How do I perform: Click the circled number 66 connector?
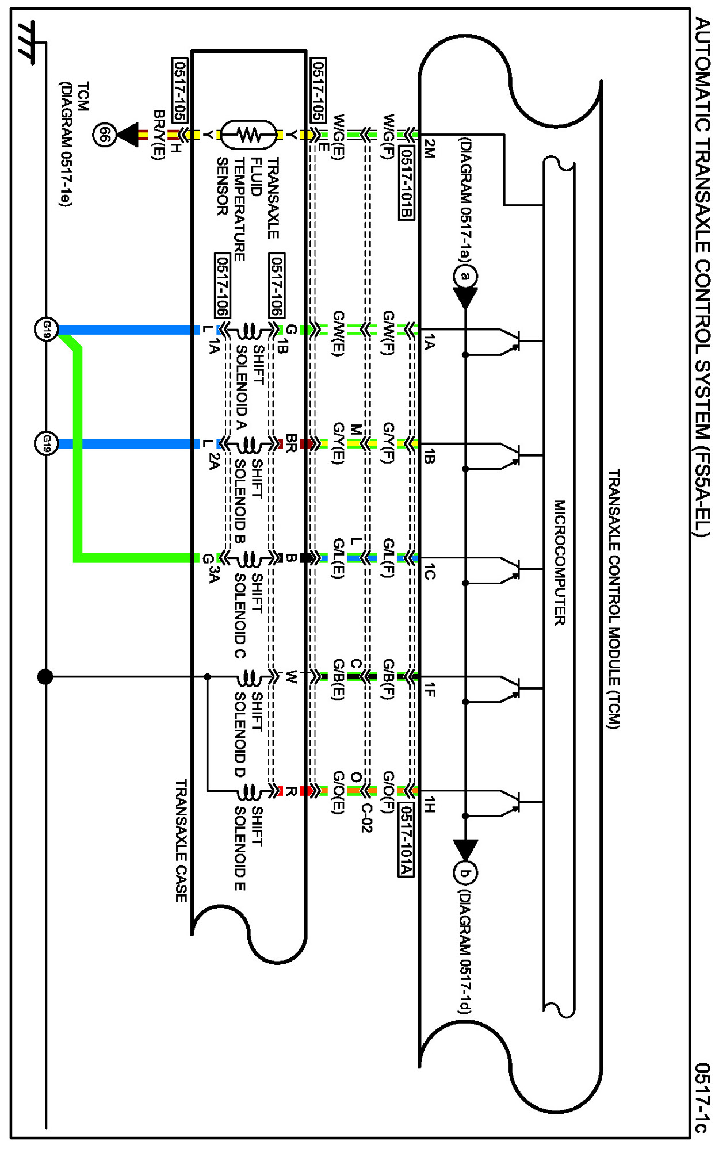point(105,135)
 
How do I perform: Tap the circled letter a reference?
point(465,276)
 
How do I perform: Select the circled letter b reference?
point(465,874)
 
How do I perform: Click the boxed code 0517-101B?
point(406,183)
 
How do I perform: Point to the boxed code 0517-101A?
point(406,839)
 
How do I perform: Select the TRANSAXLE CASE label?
point(181,840)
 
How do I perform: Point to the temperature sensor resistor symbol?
point(249,135)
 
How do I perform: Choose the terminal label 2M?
point(429,148)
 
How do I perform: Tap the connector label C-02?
point(367,817)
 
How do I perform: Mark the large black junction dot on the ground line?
point(45,677)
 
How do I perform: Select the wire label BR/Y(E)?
point(159,135)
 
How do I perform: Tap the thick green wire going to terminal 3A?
point(78,460)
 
